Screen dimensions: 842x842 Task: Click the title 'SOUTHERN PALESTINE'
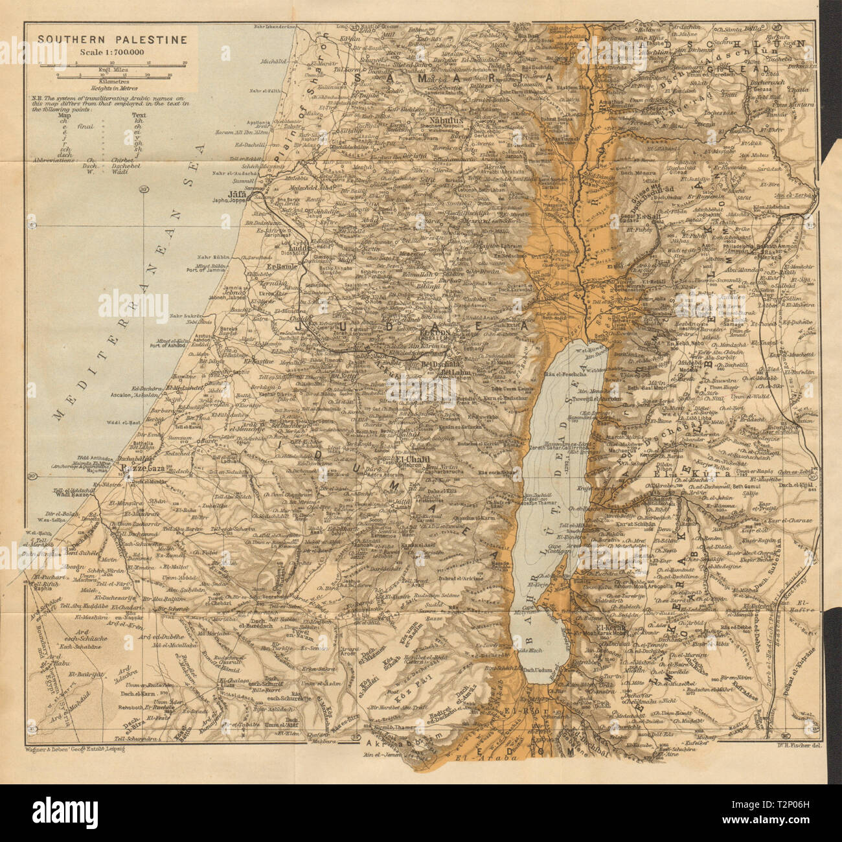pos(111,40)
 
